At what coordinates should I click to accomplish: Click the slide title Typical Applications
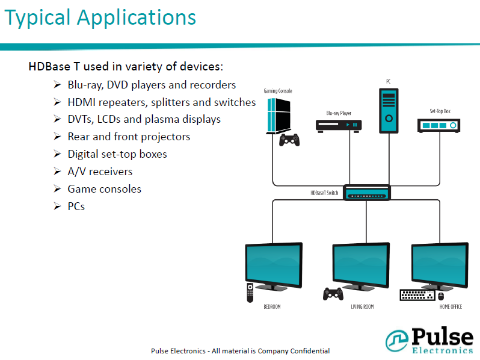coord(100,18)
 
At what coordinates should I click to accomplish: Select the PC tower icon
coord(388,110)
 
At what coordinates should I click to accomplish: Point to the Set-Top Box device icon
coord(439,125)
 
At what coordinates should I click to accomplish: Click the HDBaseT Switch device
coord(366,193)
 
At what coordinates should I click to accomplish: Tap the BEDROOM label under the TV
coord(272,307)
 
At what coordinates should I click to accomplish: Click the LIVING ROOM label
coord(362,307)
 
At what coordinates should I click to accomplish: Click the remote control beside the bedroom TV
coord(250,293)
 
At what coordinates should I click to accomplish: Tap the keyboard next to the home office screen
coord(417,295)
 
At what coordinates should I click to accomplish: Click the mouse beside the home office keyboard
coord(441,296)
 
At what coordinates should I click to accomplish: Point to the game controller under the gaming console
coord(290,141)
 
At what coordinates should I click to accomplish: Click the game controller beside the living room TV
coord(333,293)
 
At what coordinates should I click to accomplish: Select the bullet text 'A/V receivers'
coord(100,172)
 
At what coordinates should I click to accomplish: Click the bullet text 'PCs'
coord(76,206)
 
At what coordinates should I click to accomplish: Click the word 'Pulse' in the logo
coord(442,337)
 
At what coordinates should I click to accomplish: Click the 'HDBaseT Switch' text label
coord(325,193)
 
